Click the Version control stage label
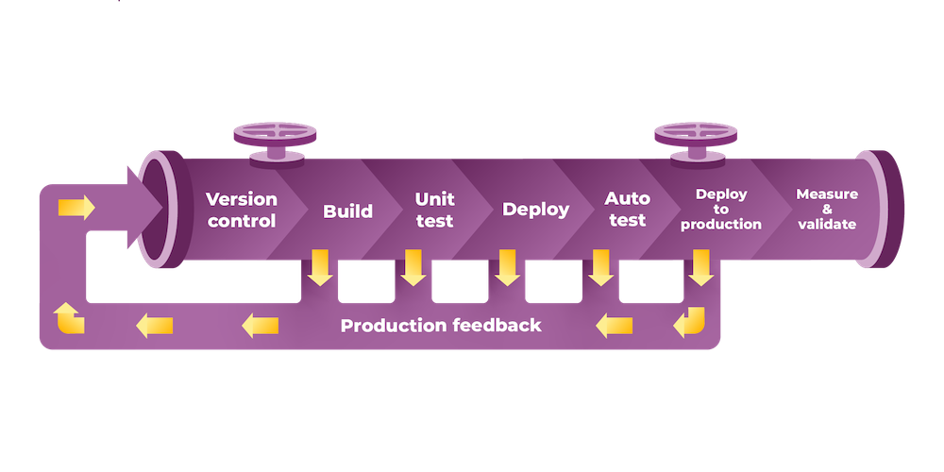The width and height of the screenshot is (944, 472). pyautogui.click(x=242, y=211)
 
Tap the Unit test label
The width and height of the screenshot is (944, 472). pyautogui.click(x=434, y=210)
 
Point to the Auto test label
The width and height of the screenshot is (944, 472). pyautogui.click(x=627, y=210)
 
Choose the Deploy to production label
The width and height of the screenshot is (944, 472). pyautogui.click(x=721, y=210)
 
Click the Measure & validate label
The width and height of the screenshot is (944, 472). pyautogui.click(x=827, y=210)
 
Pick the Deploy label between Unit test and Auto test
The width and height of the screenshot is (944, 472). pyautogui.click(x=535, y=210)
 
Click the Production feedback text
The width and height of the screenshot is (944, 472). pyautogui.click(x=441, y=326)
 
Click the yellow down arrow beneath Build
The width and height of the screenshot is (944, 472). pyautogui.click(x=320, y=268)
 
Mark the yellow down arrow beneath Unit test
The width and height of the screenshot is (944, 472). pyautogui.click(x=413, y=268)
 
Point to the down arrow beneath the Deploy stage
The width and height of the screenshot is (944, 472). pyautogui.click(x=507, y=268)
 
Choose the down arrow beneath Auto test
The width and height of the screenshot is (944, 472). pyautogui.click(x=600, y=268)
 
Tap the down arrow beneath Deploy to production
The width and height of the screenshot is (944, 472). pyautogui.click(x=700, y=268)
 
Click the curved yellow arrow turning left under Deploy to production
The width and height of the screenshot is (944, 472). pyautogui.click(x=690, y=324)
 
